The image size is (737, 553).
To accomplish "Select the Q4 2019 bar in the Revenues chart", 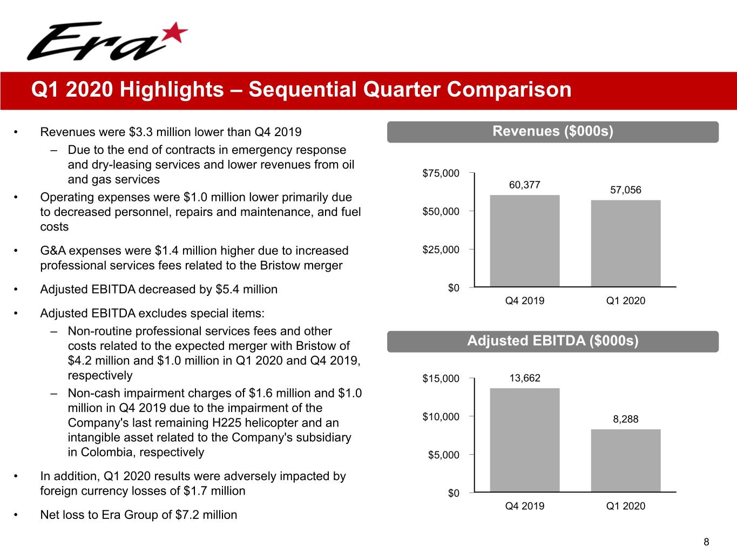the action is [524, 241].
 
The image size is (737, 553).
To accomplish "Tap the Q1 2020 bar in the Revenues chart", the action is [626, 244].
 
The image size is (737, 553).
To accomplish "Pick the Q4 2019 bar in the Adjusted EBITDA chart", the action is [524, 440].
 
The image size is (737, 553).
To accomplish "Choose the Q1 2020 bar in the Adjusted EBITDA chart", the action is [626, 460].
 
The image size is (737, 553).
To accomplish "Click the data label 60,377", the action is [524, 185].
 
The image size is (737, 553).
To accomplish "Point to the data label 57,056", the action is [626, 190].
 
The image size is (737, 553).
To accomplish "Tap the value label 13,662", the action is [525, 378].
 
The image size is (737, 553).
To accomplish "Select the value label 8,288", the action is [626, 419].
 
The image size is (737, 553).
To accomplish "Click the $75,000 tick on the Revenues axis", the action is [441, 173].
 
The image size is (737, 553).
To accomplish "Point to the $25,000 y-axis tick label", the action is [441, 250].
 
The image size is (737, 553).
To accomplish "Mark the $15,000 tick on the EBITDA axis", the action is [441, 379].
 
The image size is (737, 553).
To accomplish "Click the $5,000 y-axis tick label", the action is [443, 455].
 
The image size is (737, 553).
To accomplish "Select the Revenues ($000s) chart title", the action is [553, 131].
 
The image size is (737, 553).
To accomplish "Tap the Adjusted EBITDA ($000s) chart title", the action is [553, 341].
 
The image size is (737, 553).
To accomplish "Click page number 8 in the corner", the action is [706, 542].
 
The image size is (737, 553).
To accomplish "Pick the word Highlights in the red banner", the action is [172, 90].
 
